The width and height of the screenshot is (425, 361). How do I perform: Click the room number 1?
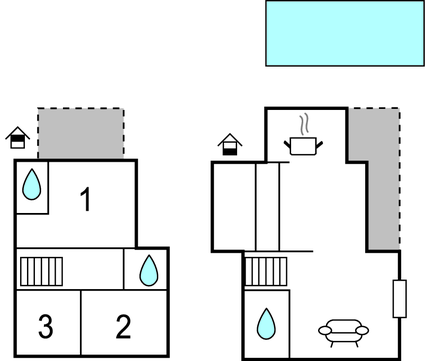pyautogui.click(x=86, y=200)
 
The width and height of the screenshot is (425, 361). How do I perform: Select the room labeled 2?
pyautogui.click(x=123, y=326)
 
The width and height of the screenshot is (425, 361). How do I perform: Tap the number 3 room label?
pyautogui.click(x=45, y=326)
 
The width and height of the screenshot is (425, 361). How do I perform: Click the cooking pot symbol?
pyautogui.click(x=304, y=146)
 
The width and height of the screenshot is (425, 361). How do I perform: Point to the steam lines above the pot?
pyautogui.click(x=304, y=125)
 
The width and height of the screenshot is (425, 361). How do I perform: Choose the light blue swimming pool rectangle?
pyautogui.click(x=344, y=34)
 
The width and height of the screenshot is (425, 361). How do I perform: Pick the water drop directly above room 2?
pyautogui.click(x=148, y=269)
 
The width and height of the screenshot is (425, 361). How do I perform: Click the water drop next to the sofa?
pyautogui.click(x=267, y=323)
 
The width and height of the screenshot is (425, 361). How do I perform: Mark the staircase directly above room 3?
pyautogui.click(x=42, y=271)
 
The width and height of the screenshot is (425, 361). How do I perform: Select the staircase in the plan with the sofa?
pyautogui.click(x=259, y=271)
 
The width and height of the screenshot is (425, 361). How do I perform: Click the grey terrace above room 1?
pyautogui.click(x=81, y=133)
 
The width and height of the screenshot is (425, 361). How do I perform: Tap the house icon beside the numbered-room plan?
pyautogui.click(x=17, y=137)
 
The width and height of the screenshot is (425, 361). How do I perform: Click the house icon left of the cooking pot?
pyautogui.click(x=230, y=145)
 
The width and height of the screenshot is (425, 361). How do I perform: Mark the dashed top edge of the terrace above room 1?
pyautogui.click(x=81, y=109)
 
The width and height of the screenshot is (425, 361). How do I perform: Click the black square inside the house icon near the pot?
pyautogui.click(x=230, y=150)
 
